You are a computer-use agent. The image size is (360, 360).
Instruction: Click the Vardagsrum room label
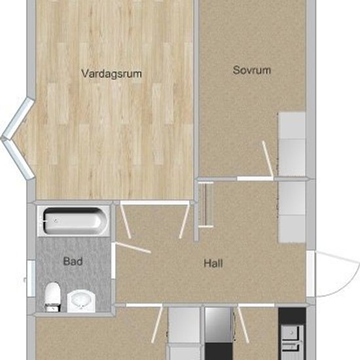(x=111, y=74)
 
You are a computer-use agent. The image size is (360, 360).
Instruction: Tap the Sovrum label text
(x=252, y=70)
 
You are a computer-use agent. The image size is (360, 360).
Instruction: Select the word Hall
(x=213, y=263)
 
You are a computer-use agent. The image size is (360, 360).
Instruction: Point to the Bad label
(x=73, y=261)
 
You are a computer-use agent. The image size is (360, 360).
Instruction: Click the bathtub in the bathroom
(x=73, y=221)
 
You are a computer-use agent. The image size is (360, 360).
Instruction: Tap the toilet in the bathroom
(x=52, y=297)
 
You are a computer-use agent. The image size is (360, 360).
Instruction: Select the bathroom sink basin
(x=81, y=301)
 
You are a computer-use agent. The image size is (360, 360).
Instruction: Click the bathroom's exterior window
(x=31, y=278)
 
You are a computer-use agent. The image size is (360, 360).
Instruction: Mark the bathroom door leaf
(x=133, y=247)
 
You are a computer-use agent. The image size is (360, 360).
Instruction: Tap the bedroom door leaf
(x=268, y=160)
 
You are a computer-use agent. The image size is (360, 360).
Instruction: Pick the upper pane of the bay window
(x=19, y=118)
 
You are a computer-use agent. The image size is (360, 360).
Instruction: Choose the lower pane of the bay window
(x=19, y=159)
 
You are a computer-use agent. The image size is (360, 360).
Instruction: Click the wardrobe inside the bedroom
(x=292, y=144)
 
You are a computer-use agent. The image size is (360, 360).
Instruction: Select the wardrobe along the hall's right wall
(x=292, y=212)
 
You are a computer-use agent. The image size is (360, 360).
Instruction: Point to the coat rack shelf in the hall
(x=206, y=204)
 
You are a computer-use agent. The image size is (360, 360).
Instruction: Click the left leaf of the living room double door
(x=126, y=221)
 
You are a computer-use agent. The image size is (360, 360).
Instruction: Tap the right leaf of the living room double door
(x=185, y=221)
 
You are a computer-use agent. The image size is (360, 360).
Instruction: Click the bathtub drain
(x=56, y=221)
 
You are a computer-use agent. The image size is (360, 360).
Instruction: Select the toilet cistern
(x=52, y=308)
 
